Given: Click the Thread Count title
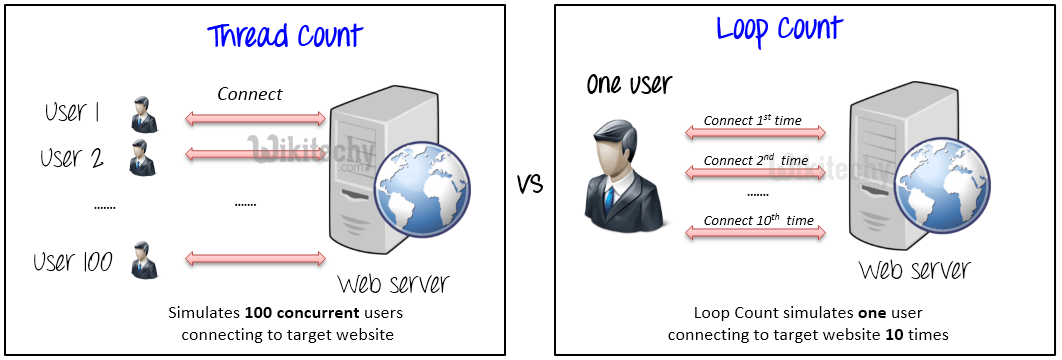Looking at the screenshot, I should click(x=285, y=36).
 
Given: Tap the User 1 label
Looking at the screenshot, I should click(x=73, y=113).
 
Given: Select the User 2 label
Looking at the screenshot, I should click(x=72, y=157).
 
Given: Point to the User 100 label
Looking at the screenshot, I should click(x=72, y=262).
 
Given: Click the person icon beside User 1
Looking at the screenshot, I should click(x=143, y=115).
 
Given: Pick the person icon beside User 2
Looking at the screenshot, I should click(x=143, y=157).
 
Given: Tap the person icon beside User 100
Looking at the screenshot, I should click(x=145, y=260).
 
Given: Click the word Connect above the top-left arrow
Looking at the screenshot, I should click(x=250, y=94).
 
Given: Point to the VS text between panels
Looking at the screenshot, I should click(x=531, y=184).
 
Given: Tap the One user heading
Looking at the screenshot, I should click(x=629, y=83).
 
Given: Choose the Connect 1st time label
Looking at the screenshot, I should click(x=753, y=120).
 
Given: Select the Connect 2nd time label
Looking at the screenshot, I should click(x=755, y=160).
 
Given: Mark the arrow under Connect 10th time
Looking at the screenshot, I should click(x=755, y=233).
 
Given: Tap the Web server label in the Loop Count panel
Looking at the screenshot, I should click(x=914, y=270).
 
